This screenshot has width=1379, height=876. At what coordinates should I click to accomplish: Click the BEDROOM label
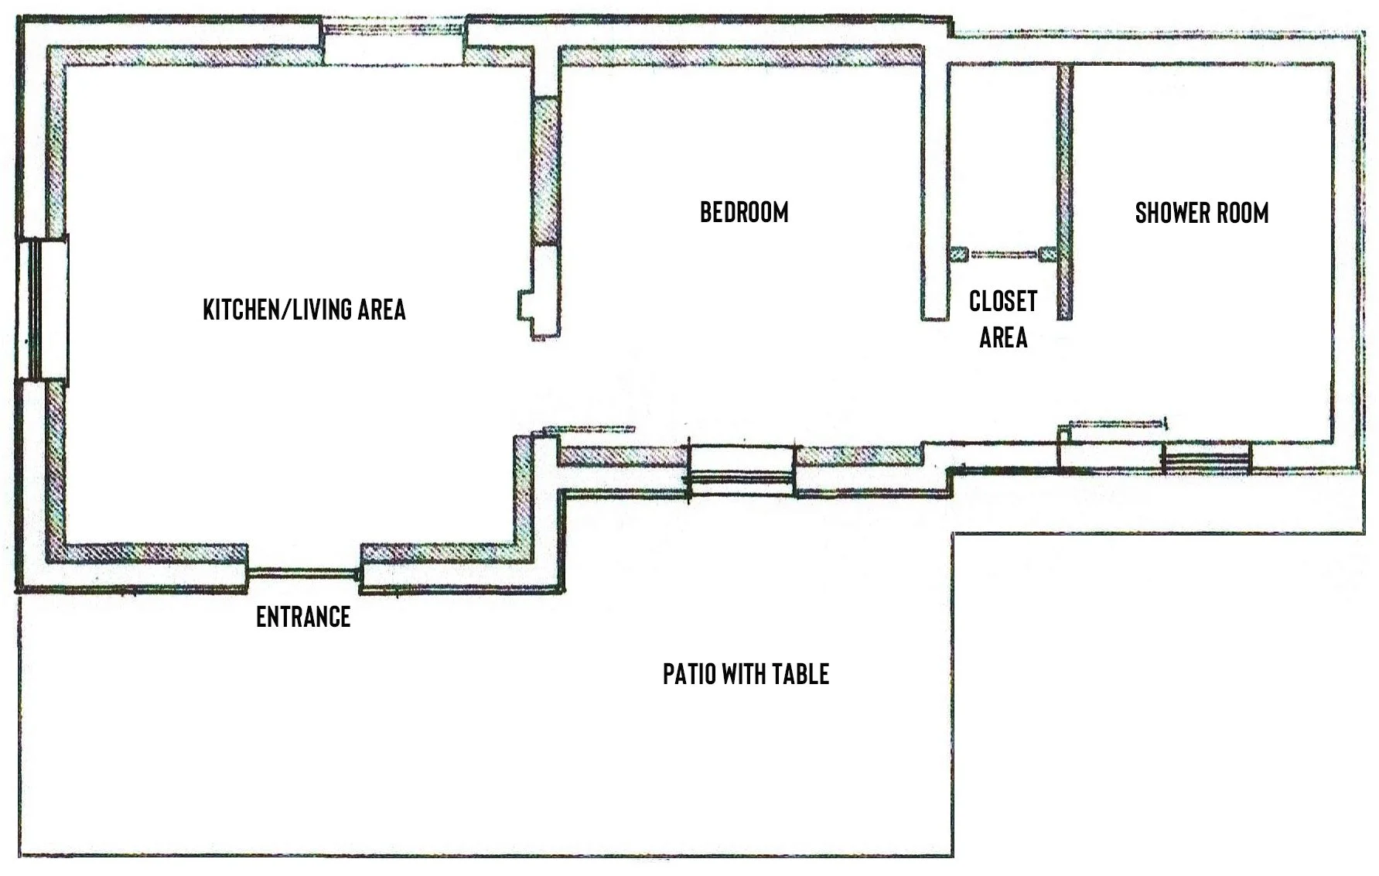click(744, 212)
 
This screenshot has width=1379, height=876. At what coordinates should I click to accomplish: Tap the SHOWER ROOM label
click(1201, 213)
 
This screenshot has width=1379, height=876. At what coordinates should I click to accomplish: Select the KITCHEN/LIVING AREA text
click(304, 310)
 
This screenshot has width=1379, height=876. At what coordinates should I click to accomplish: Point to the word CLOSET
click(1002, 301)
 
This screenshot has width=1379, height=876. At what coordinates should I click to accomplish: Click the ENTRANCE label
click(303, 617)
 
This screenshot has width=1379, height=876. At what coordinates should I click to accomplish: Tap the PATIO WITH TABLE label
click(746, 674)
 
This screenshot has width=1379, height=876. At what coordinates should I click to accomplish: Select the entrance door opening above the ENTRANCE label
click(304, 573)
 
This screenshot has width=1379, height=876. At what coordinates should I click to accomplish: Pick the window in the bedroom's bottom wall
click(741, 469)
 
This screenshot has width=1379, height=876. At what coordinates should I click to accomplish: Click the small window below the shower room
click(1207, 459)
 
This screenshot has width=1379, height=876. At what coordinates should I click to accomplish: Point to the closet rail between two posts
click(1002, 254)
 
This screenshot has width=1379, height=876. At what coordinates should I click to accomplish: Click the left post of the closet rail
click(959, 254)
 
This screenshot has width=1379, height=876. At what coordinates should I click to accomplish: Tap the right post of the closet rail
click(1047, 254)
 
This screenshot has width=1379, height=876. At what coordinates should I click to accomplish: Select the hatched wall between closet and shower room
click(1065, 190)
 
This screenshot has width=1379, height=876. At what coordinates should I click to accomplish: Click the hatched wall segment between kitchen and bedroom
click(546, 170)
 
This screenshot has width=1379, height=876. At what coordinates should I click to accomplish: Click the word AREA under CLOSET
click(1003, 337)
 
